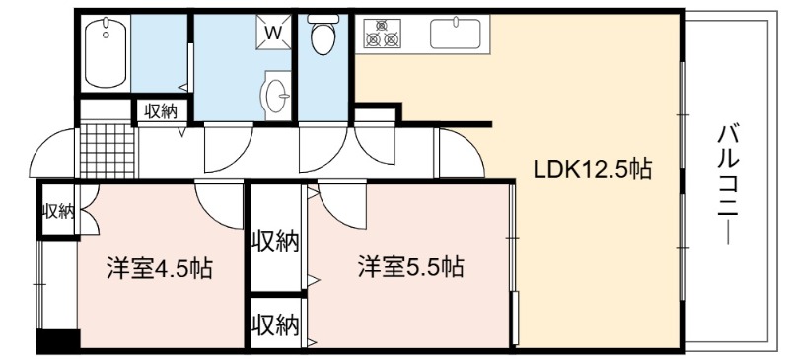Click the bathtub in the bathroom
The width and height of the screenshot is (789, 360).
pyautogui.click(x=106, y=52)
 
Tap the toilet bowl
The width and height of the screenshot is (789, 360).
pyautogui.click(x=323, y=34)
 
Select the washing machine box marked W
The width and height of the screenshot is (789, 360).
pyautogui.click(x=273, y=33)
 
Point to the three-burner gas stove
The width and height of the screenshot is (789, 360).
pyautogui.click(x=383, y=34)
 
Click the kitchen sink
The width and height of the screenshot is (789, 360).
pyautogui.click(x=456, y=34)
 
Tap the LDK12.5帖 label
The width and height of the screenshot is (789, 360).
pyautogui.click(x=593, y=170)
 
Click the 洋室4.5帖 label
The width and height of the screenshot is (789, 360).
pyautogui.click(x=160, y=268)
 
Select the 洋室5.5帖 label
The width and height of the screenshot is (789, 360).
pyautogui.click(x=411, y=267)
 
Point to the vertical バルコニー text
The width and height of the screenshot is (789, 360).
pyautogui.click(x=728, y=185)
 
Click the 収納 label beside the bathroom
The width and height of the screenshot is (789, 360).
pyautogui.click(x=161, y=111)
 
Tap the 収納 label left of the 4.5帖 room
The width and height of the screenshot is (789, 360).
pyautogui.click(x=58, y=212)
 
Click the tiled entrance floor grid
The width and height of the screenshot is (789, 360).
pyautogui.click(x=108, y=151)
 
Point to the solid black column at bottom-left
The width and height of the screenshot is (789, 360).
pyautogui.click(x=58, y=340)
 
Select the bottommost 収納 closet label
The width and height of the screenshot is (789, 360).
pyautogui.click(x=275, y=325)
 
